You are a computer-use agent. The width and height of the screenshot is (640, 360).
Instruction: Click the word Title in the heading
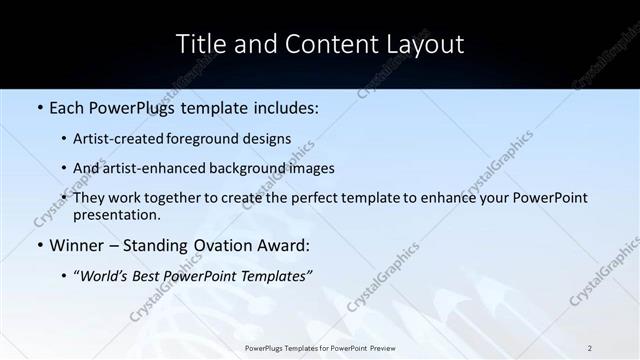(x=198, y=44)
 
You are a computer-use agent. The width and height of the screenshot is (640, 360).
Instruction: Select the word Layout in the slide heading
(x=424, y=44)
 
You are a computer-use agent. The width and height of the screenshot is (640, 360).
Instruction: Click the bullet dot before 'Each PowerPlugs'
(x=39, y=105)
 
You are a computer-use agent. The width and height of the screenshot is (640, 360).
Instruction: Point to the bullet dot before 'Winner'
(x=39, y=246)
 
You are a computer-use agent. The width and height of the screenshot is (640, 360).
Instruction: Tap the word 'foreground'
(x=212, y=139)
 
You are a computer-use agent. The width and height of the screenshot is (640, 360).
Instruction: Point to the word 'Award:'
(x=284, y=246)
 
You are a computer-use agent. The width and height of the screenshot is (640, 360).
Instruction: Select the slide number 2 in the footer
(x=590, y=348)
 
